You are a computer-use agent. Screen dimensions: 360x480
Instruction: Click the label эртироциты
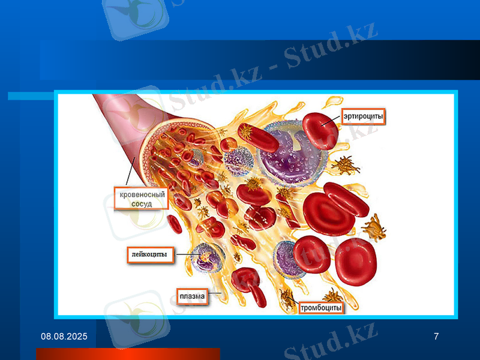point(363,116)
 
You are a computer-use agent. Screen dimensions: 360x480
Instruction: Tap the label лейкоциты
point(150,256)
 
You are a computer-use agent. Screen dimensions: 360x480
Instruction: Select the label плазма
point(192,296)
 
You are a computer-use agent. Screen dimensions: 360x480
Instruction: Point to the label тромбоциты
point(321,308)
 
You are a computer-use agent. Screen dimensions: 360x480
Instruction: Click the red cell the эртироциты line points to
point(320,127)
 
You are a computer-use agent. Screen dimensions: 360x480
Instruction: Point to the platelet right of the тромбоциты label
point(332,295)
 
